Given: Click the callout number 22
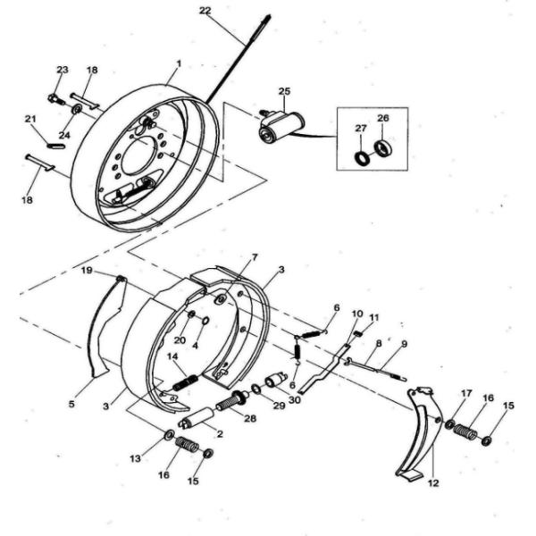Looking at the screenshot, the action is tap(205, 11).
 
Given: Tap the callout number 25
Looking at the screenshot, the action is tap(284, 91).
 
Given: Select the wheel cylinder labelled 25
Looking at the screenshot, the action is tap(281, 127).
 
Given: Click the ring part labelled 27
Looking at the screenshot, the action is tap(362, 158).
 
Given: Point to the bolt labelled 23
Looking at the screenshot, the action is tap(56, 100).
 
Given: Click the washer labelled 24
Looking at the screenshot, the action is tap(77, 110).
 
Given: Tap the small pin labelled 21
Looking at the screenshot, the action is tap(55, 147).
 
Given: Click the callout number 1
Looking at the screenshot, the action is tap(179, 63).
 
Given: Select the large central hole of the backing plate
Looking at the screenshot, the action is tap(138, 156).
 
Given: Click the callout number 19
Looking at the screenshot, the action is tap(87, 271).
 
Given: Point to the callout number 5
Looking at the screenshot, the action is tap(71, 404).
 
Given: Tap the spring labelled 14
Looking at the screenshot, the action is tap(186, 383).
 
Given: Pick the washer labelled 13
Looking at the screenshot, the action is tap(169, 435).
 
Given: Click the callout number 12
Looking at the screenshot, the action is tap(433, 483).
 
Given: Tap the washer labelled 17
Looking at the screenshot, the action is tap(450, 424).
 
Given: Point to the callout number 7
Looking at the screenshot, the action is tap(254, 256).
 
